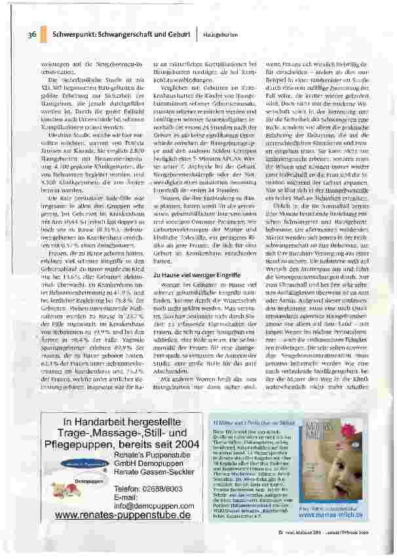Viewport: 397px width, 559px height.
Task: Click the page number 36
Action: (x=31, y=33)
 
